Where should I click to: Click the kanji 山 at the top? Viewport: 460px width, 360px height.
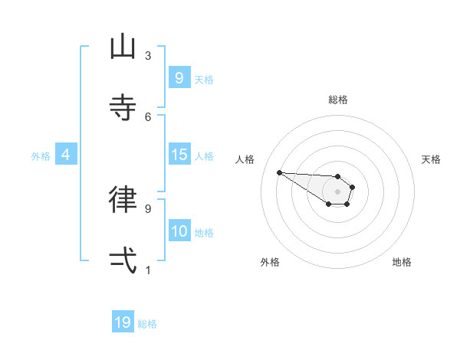pos(123,47)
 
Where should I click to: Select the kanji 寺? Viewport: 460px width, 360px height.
pos(123,108)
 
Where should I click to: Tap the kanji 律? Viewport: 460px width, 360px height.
pos(123,199)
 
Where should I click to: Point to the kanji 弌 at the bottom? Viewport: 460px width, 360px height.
pos(123,260)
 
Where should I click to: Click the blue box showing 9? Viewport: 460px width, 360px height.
pos(179,77)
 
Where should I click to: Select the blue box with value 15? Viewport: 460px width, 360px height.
pos(179,155)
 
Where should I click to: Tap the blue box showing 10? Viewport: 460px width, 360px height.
pos(179,231)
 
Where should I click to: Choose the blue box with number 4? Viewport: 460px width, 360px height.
pos(66,155)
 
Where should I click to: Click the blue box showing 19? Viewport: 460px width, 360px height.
pos(123,322)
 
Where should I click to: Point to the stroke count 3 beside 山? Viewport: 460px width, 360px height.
pos(148,56)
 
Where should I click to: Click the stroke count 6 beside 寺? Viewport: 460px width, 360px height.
pos(148,116)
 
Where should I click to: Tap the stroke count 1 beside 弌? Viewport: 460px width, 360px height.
pos(148,269)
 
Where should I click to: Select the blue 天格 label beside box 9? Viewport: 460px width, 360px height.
pos(204,79)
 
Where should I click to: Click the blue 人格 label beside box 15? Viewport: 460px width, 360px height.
pos(204,156)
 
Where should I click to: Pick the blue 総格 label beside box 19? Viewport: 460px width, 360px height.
pos(147,324)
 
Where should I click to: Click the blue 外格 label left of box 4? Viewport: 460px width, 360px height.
pos(41,156)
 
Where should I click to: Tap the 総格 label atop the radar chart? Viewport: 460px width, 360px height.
pos(338,100)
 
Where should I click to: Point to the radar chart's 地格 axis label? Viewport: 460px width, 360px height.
pos(402,262)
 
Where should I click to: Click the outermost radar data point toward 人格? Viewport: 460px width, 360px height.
pos(279,172)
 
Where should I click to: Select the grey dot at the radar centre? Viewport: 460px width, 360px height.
pos(337,191)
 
